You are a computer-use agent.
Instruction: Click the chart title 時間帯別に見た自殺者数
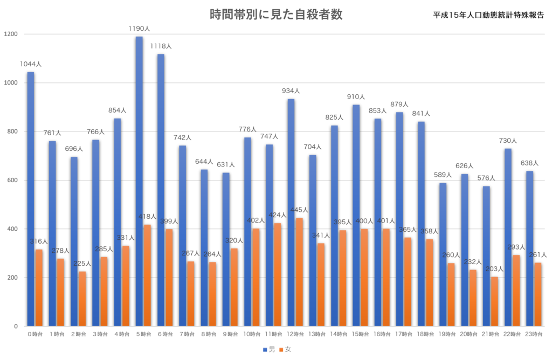(276, 15)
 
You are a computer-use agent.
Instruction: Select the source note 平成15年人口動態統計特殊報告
(488, 15)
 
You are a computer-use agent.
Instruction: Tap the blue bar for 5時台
(139, 181)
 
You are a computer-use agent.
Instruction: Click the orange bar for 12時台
(299, 272)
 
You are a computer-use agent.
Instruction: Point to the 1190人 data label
(139, 29)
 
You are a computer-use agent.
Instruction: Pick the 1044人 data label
(31, 64)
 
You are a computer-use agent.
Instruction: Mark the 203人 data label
(494, 269)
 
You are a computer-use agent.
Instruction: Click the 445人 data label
(299, 210)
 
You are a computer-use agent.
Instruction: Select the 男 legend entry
(269, 349)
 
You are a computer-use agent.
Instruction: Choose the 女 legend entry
(285, 349)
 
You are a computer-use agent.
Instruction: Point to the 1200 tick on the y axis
(11, 34)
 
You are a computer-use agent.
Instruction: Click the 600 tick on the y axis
(12, 180)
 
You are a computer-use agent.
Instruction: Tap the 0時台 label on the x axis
(35, 334)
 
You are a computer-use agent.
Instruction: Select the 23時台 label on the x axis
(534, 334)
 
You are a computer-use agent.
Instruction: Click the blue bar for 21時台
(486, 256)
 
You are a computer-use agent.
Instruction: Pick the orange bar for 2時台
(82, 299)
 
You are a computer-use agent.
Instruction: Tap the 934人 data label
(291, 91)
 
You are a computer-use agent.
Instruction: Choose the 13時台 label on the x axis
(317, 334)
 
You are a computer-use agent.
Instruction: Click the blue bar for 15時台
(356, 216)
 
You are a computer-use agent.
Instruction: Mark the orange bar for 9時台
(234, 287)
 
